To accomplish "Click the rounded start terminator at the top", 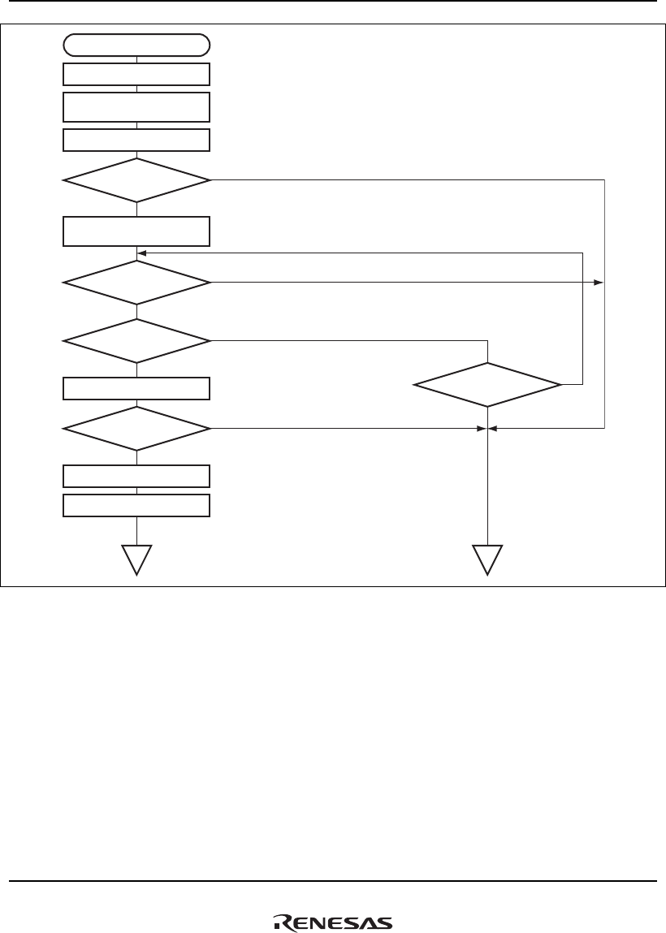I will pos(136,45).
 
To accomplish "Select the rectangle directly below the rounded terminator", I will pos(136,75).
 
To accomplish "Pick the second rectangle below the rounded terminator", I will pos(136,107).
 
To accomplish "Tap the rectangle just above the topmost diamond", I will pos(136,140).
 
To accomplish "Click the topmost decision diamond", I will pos(136,179).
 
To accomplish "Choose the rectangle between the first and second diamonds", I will pos(136,231).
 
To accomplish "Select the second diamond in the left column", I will pos(136,283).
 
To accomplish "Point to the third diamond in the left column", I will pos(136,341).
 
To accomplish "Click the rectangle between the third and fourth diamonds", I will pos(136,388).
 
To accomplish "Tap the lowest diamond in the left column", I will pos(136,428).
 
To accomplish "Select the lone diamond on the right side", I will pos(487,384).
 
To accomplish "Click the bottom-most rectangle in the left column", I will pos(136,505).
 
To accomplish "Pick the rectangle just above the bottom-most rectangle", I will pos(136,475).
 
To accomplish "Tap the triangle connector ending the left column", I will pos(136,559).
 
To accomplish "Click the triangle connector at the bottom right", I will pos(487,559).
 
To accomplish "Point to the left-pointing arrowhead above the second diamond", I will pos(143,253).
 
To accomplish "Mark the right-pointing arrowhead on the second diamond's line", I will pos(599,283).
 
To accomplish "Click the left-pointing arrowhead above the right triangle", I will pos(494,428).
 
